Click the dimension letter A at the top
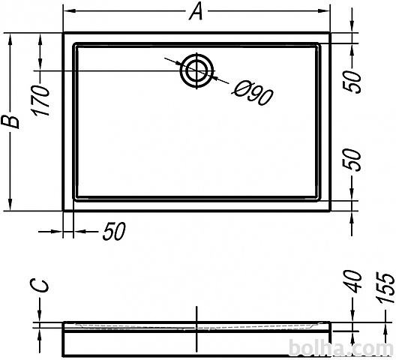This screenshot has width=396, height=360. pyautogui.click(x=196, y=12)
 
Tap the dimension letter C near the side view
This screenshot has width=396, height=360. pyautogui.click(x=39, y=286)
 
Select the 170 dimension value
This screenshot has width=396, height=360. pyautogui.click(x=40, y=100)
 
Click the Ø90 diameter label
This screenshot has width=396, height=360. pyautogui.click(x=252, y=93)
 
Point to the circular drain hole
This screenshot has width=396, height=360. pyautogui.click(x=196, y=70)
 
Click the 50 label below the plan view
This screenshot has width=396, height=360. pyautogui.click(x=114, y=231)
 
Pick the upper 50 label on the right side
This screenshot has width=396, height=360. pyautogui.click(x=352, y=82)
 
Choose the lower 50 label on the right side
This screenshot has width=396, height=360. pyautogui.click(x=352, y=160)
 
